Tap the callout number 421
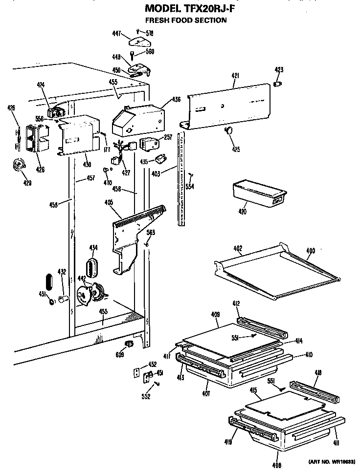tap(235, 76)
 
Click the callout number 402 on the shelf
tap(237, 248)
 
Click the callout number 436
tap(176, 100)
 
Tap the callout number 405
tap(109, 202)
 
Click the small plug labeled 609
tap(130, 345)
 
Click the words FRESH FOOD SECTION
tap(185, 20)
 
